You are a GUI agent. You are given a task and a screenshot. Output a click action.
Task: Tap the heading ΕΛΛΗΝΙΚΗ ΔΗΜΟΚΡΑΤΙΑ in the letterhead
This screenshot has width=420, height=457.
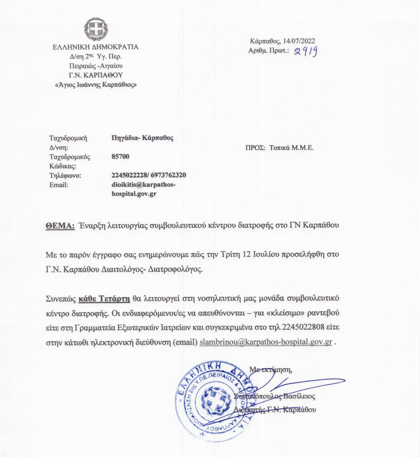pyautogui.click(x=95, y=47)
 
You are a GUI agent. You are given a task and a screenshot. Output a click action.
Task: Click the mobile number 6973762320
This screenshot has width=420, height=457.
pyautogui.click(x=168, y=175)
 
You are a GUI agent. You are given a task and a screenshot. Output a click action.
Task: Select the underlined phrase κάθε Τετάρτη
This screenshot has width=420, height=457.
pyautogui.click(x=105, y=298)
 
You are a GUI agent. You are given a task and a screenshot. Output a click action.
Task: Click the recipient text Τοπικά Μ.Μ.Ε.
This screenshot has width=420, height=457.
pyautogui.click(x=292, y=148)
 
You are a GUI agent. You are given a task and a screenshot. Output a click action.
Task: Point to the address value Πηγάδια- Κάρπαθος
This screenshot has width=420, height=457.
pyautogui.click(x=143, y=138)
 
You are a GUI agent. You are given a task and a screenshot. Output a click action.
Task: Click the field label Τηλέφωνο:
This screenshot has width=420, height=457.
pyautogui.click(x=65, y=176)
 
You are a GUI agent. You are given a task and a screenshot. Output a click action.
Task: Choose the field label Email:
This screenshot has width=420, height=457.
pyautogui.click(x=59, y=185)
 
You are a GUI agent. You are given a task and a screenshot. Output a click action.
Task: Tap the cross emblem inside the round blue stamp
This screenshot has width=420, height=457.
pyautogui.click(x=215, y=399)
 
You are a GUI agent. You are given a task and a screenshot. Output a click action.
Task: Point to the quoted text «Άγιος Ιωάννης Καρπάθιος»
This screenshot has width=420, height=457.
pyautogui.click(x=96, y=84)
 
